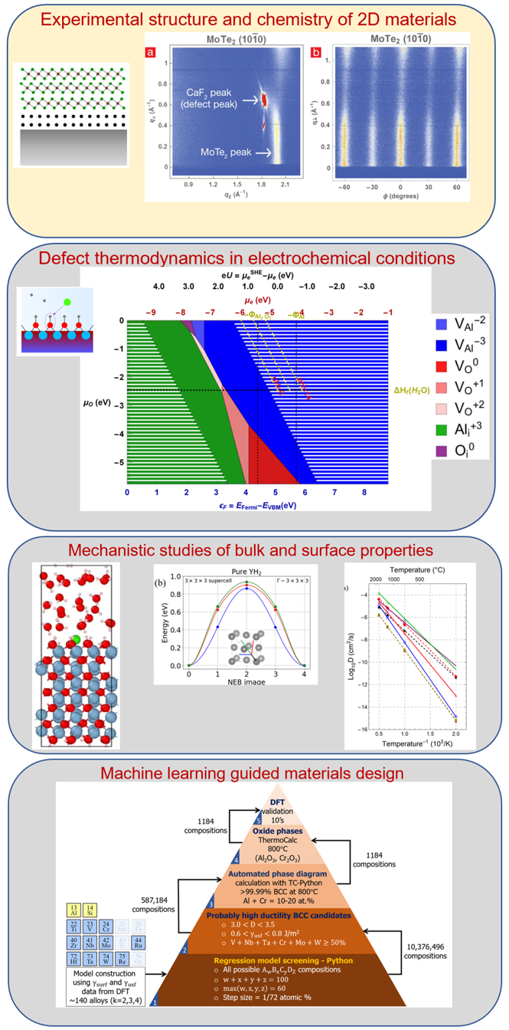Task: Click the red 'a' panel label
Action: click(150, 53)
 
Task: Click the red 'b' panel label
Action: click(316, 53)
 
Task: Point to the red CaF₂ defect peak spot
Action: click(266, 100)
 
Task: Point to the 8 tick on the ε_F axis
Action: click(364, 492)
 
